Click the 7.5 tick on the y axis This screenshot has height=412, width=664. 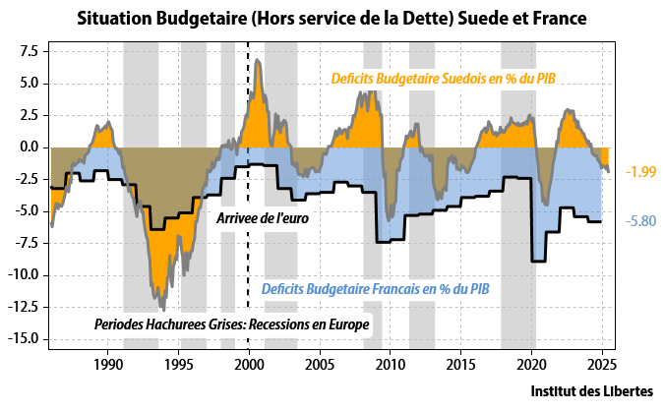pyautogui.click(x=28, y=51)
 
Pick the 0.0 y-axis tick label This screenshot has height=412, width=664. pyautogui.click(x=28, y=147)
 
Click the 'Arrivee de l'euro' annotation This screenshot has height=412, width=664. pyautogui.click(x=263, y=217)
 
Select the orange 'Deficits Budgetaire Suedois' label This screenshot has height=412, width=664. pyautogui.click(x=443, y=78)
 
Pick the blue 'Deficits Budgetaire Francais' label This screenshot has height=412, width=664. pyautogui.click(x=375, y=289)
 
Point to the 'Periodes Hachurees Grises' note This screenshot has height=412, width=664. pyautogui.click(x=231, y=324)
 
